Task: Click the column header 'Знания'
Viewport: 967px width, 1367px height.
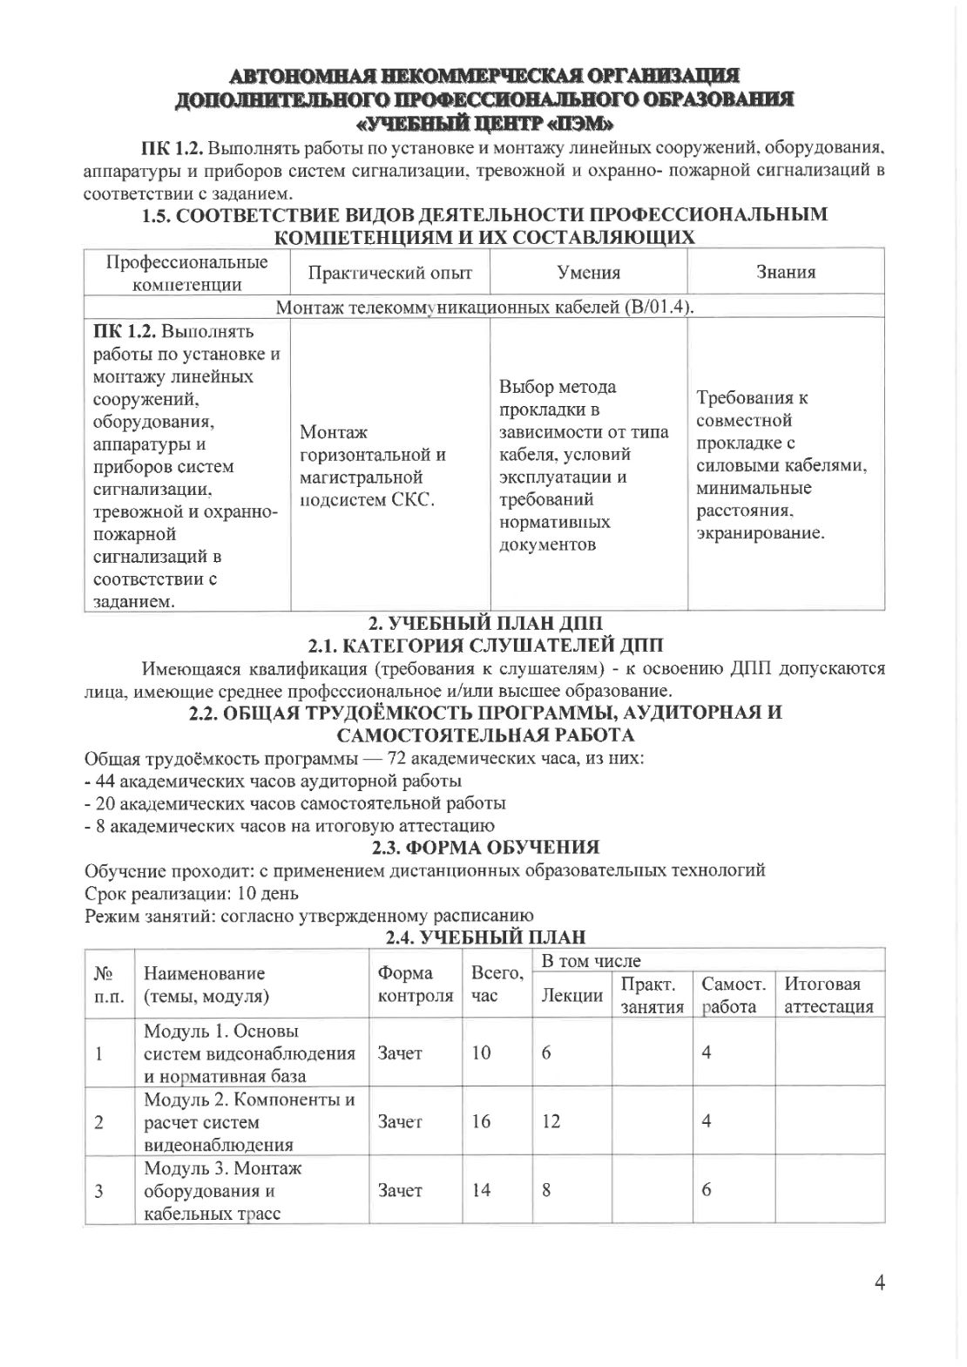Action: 786,273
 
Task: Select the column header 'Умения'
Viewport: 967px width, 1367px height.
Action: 589,273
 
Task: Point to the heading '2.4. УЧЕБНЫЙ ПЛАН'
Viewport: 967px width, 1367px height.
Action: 485,937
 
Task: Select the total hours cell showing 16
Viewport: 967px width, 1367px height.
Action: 481,1121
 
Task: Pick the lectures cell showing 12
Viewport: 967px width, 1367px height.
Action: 551,1121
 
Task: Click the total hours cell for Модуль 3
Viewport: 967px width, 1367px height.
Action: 481,1190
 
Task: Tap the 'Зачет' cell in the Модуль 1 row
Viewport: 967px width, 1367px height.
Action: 400,1052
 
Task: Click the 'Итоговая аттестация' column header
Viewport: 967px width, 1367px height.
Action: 828,995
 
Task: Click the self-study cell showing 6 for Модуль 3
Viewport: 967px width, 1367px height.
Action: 707,1190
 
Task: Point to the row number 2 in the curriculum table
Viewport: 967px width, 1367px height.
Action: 99,1121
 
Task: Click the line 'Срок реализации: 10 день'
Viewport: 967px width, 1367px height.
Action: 192,893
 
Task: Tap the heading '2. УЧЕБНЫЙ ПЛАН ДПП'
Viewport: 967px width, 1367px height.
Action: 485,623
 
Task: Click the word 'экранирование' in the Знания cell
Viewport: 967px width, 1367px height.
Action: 760,532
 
